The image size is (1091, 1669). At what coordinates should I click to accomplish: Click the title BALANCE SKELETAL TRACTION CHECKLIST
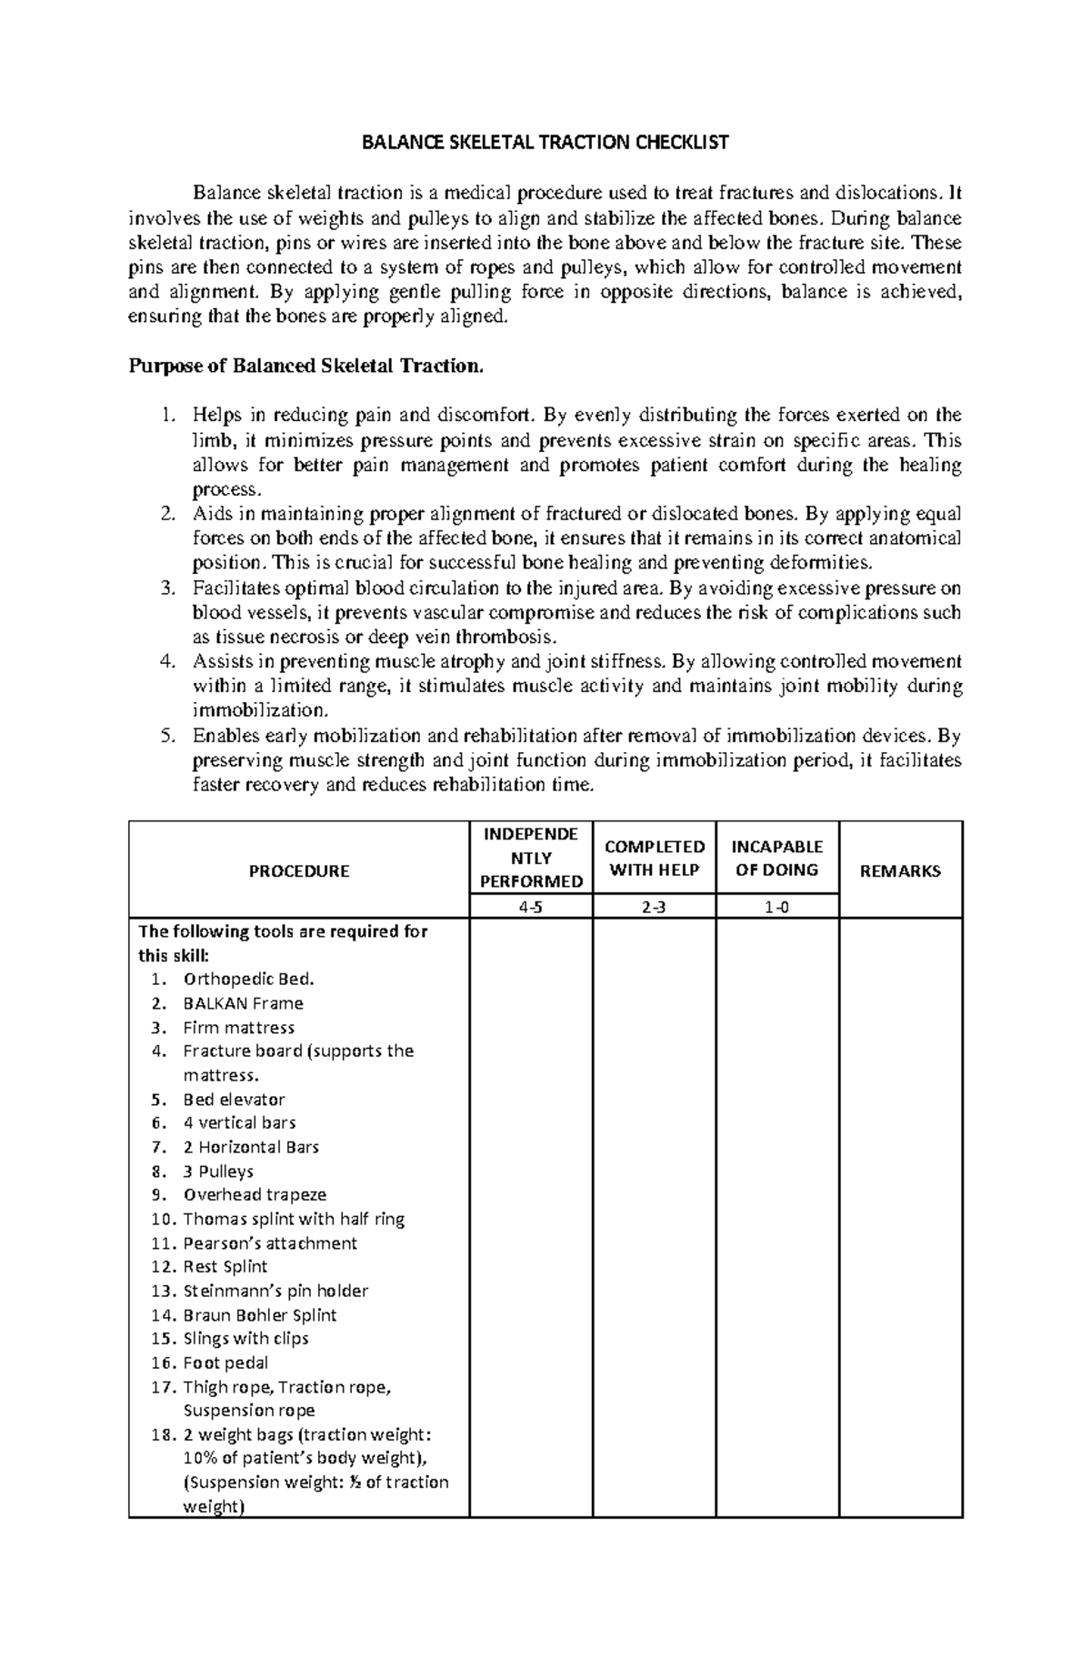[545, 143]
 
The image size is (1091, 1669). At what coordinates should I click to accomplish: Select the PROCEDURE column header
[299, 871]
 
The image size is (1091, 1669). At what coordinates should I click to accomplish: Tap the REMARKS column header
[900, 871]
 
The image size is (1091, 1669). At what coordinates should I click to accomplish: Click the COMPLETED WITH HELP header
[655, 859]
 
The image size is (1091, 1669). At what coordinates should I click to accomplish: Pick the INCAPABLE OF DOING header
[777, 859]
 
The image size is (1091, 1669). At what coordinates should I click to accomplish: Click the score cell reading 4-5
[531, 907]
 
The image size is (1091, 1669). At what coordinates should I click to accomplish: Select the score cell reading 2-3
[655, 907]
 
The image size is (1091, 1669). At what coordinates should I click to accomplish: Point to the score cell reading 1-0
[777, 907]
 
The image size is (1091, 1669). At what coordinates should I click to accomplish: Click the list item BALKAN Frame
[243, 1003]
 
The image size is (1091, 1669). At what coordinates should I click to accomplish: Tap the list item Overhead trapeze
[255, 1194]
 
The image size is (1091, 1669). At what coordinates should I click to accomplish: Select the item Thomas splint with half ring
[294, 1219]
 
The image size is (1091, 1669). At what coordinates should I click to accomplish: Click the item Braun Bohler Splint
[259, 1315]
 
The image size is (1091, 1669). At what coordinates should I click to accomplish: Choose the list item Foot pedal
[225, 1362]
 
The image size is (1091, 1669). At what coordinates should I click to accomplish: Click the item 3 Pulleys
[218, 1171]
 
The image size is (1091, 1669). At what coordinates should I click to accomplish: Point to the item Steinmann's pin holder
[275, 1291]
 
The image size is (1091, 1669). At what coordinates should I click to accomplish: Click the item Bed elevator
[234, 1100]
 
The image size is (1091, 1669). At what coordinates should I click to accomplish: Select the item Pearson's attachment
[270, 1243]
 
